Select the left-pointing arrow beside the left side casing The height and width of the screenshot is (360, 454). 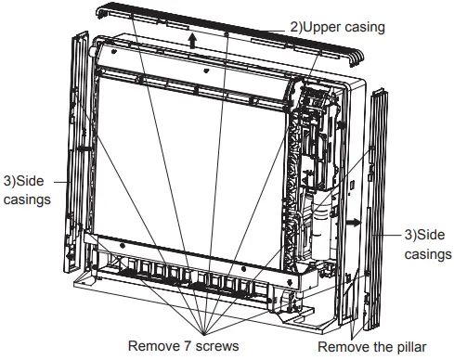(83, 146)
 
